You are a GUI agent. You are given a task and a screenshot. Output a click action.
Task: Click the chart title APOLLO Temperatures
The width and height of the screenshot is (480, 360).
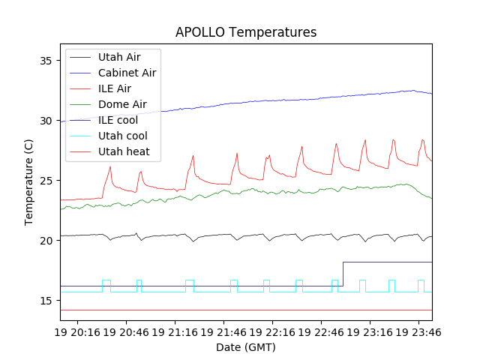click(x=246, y=32)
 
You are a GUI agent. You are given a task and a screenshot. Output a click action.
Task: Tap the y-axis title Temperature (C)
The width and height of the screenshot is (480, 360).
click(x=29, y=182)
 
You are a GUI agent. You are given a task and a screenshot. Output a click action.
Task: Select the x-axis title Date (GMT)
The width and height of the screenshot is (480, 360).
click(x=246, y=347)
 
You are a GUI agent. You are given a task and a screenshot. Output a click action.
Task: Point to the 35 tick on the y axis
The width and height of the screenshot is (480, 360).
click(x=47, y=61)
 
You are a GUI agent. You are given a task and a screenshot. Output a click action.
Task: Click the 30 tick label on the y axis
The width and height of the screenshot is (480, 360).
click(x=47, y=121)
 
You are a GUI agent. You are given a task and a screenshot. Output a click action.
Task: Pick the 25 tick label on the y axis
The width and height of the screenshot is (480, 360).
click(x=47, y=181)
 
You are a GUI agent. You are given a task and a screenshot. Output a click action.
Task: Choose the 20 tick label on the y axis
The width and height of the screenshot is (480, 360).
click(x=47, y=241)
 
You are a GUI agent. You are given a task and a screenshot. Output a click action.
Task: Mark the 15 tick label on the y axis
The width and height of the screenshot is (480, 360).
click(x=47, y=301)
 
